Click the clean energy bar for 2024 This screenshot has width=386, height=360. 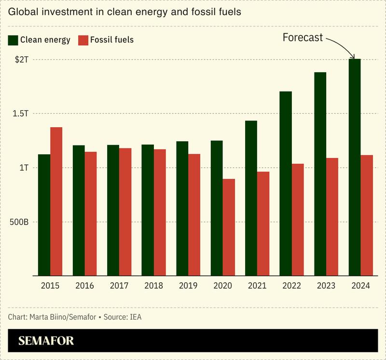coord(355,167)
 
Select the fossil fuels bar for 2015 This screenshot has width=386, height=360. coord(56,201)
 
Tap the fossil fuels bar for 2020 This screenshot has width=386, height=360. coord(229,227)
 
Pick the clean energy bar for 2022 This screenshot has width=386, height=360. coord(285,184)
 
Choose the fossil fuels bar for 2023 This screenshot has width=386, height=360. coord(332,217)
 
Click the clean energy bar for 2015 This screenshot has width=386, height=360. coord(44,215)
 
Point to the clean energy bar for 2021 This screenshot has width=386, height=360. coord(251,198)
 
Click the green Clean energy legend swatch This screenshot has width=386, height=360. coord(13,40)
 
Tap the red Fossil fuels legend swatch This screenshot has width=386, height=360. coord(83,40)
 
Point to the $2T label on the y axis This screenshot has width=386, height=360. coord(23,60)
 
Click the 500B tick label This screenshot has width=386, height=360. coord(19,222)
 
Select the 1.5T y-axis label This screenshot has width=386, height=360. coord(21,114)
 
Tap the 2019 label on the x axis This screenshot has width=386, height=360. coord(188,285)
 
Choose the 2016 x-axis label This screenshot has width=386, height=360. coord(85,285)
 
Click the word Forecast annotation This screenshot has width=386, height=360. coord(302,38)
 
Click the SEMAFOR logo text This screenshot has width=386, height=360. coord(46,341)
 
